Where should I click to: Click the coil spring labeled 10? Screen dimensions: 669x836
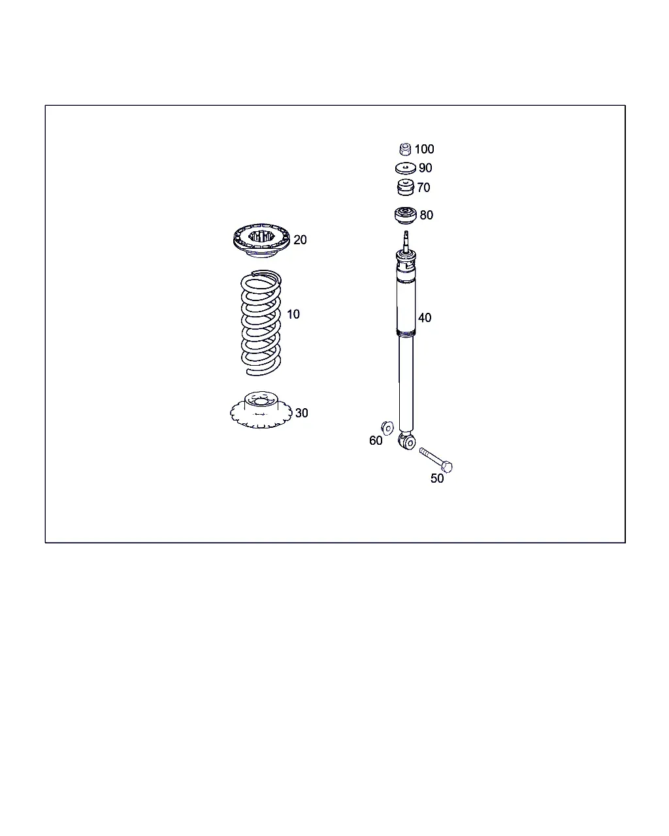tap(242, 323)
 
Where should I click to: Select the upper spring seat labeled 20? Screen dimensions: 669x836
tap(261, 242)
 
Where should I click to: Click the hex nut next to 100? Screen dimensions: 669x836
tap(405, 149)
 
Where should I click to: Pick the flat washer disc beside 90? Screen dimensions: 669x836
tap(406, 169)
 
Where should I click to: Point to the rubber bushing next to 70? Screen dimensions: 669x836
tap(406, 187)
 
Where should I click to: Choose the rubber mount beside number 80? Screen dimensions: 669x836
tap(406, 216)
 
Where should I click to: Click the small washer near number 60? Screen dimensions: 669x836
tap(387, 428)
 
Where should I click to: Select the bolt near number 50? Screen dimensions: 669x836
tap(436, 460)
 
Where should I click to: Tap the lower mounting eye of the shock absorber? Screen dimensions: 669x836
tap(407, 441)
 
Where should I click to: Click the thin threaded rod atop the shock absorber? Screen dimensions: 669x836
tap(406, 241)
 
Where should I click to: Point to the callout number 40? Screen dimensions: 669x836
tap(425, 318)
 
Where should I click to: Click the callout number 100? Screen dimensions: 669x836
tap(424, 149)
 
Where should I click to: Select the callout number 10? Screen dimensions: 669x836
tap(293, 314)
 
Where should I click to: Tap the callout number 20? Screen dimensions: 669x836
tap(300, 240)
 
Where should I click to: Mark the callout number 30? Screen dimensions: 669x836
tap(302, 413)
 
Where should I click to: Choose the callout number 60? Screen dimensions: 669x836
tap(376, 440)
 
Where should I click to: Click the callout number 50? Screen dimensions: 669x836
tap(437, 478)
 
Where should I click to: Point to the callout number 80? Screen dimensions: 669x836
tap(427, 216)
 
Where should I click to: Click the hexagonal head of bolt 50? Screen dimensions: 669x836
tap(447, 467)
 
